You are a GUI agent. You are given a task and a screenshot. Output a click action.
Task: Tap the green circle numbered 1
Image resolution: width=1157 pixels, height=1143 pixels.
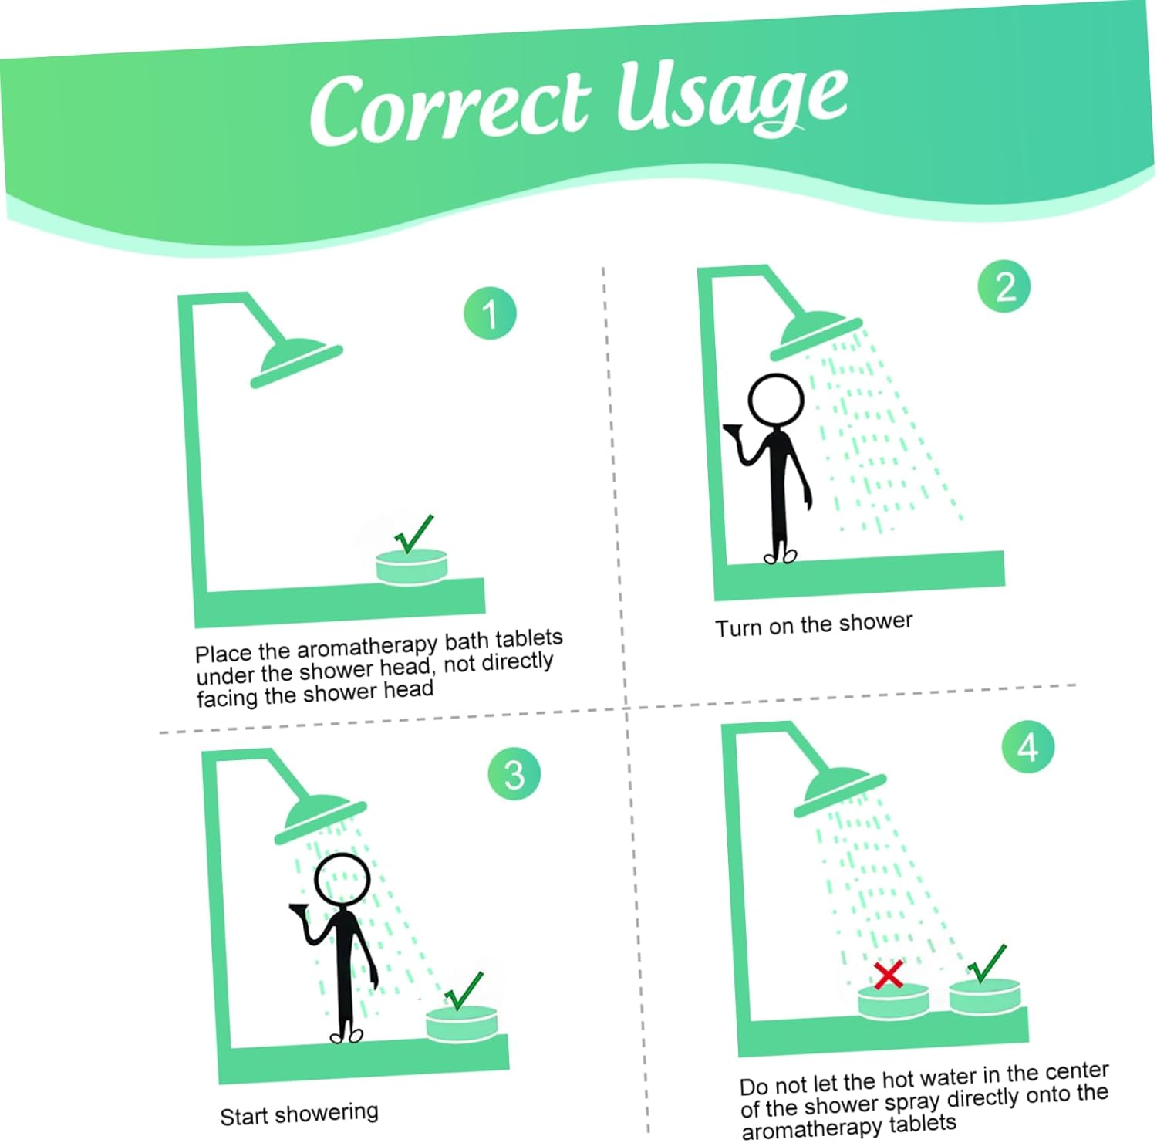point(490,313)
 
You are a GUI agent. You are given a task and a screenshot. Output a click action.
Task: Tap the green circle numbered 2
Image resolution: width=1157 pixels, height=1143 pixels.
point(1004,286)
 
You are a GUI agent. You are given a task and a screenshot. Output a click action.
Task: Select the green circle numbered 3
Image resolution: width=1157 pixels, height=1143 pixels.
point(514,773)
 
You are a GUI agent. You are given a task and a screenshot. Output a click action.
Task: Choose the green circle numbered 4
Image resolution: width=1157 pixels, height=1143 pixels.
point(1028,747)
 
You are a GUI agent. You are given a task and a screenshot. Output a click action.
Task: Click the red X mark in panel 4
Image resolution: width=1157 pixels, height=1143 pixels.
point(889,974)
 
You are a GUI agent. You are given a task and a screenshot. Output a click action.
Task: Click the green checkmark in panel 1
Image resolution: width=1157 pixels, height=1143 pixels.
point(414,533)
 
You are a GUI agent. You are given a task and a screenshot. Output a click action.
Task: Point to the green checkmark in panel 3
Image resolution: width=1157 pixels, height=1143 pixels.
point(464,991)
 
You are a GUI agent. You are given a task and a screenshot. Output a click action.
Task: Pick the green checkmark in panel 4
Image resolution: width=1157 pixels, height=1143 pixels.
point(988,963)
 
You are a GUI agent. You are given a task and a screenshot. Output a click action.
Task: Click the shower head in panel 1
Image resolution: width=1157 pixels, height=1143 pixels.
point(296,361)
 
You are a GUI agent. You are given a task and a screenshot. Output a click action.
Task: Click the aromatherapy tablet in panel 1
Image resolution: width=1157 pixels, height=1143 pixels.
point(412,566)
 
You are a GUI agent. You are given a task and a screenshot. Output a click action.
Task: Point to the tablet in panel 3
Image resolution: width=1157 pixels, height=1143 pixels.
point(462,1024)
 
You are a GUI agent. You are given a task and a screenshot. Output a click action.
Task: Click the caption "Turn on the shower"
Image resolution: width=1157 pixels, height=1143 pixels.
point(814,624)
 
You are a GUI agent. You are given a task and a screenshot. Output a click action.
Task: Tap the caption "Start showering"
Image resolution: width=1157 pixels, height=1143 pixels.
point(299,1114)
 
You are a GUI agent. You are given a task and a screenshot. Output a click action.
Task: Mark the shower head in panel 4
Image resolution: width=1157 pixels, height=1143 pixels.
point(840,793)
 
